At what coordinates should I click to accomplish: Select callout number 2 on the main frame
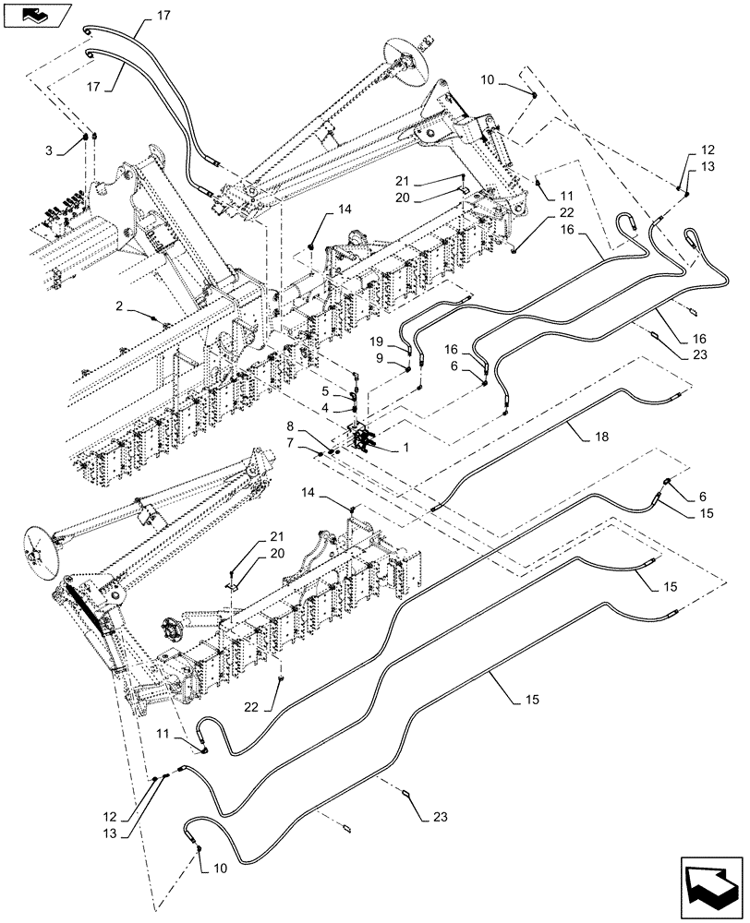click(x=120, y=306)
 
